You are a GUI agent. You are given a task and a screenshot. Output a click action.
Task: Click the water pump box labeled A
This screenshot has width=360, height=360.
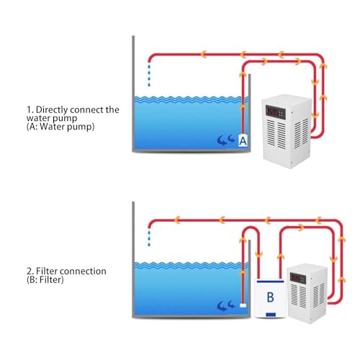[x=243, y=140]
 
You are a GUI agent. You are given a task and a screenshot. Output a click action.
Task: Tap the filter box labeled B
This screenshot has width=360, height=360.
[x=271, y=298]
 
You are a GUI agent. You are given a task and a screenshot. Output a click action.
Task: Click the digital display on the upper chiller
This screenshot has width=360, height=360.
[x=276, y=112]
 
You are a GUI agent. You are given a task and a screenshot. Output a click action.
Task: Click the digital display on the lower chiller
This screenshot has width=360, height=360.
[x=298, y=278]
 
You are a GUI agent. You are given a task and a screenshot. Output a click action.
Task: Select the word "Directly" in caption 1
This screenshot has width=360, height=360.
[x=52, y=110]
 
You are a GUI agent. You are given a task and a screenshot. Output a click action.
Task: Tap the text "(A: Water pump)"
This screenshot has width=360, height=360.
[x=60, y=127]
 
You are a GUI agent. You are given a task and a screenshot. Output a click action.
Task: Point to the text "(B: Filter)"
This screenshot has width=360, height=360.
[x=45, y=279]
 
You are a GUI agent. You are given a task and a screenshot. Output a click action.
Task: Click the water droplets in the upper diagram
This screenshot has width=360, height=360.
[x=149, y=75]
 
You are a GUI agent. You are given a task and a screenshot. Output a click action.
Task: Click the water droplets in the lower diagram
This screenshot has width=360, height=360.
[x=149, y=238]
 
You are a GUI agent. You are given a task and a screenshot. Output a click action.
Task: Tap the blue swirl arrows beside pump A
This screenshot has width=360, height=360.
[x=225, y=140]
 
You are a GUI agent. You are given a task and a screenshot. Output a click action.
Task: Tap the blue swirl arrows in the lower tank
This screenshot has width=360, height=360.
[x=225, y=305]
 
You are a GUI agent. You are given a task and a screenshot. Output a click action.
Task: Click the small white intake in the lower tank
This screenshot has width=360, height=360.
[x=243, y=305]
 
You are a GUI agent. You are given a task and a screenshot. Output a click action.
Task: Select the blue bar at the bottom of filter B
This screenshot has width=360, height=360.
[x=271, y=315]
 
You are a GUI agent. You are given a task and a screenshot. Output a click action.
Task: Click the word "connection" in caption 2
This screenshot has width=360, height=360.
[x=83, y=271]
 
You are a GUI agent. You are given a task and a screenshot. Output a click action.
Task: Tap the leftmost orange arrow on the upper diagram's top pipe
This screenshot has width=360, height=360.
[x=204, y=54]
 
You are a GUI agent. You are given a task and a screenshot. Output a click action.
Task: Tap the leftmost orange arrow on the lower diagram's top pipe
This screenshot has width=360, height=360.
[x=177, y=220]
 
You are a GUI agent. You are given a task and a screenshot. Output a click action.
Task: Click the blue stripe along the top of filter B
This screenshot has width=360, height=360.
[x=271, y=281]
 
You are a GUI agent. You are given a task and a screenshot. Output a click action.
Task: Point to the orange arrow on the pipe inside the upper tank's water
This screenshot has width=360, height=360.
[x=243, y=107]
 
